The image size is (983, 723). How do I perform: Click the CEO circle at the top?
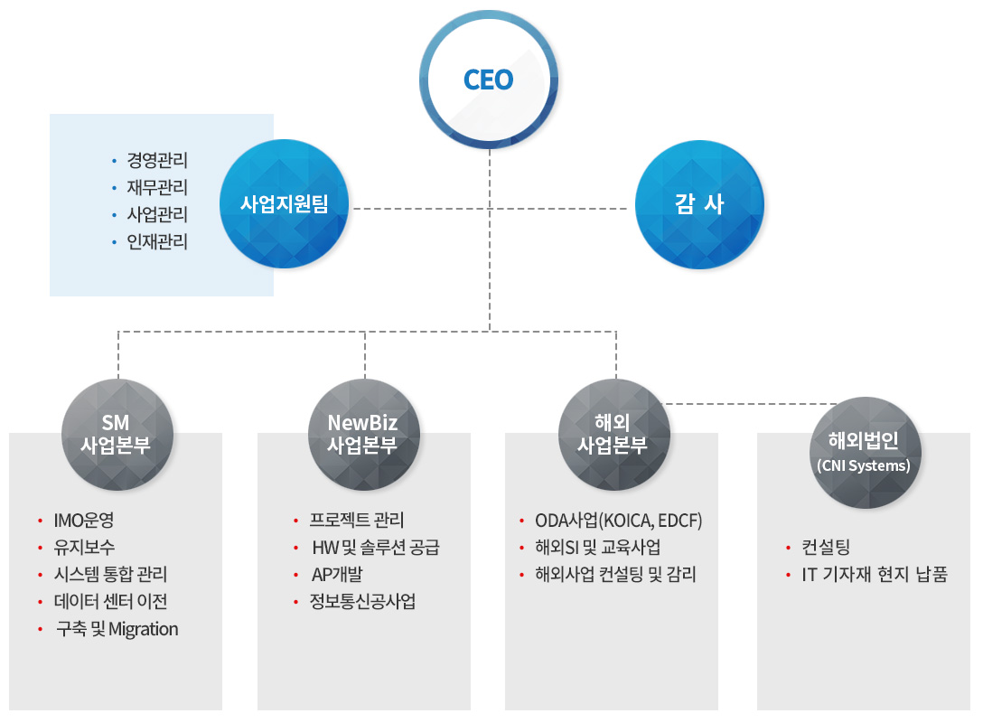489,80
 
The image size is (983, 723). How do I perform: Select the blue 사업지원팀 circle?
284,204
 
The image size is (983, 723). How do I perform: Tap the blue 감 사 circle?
699,204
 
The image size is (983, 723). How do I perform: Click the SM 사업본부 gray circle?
118,435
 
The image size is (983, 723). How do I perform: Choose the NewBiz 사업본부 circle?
363,435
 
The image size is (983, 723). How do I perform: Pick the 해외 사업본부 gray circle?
614,435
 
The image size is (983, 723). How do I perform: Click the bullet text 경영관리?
157,161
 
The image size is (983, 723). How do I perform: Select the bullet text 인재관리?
157,242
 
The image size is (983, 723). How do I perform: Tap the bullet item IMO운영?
84,521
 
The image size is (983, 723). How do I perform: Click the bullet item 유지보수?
84,548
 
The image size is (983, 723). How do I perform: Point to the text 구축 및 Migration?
117,629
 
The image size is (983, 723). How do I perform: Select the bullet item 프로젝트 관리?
357,521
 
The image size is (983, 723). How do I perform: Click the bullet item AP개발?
336,575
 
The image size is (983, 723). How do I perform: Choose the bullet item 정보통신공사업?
362,602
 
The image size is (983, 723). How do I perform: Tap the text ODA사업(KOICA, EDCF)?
618,521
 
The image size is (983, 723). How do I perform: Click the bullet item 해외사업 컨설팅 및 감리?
615,575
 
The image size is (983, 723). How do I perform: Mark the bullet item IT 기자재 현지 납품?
875,575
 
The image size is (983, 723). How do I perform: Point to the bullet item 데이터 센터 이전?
110,602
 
